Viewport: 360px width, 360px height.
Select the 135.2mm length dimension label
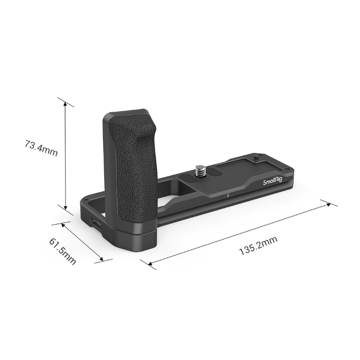point(258,246)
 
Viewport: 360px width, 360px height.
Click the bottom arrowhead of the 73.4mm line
point(65,208)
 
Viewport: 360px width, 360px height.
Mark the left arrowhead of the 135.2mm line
point(149,264)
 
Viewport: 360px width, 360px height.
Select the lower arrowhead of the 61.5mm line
point(101,260)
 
